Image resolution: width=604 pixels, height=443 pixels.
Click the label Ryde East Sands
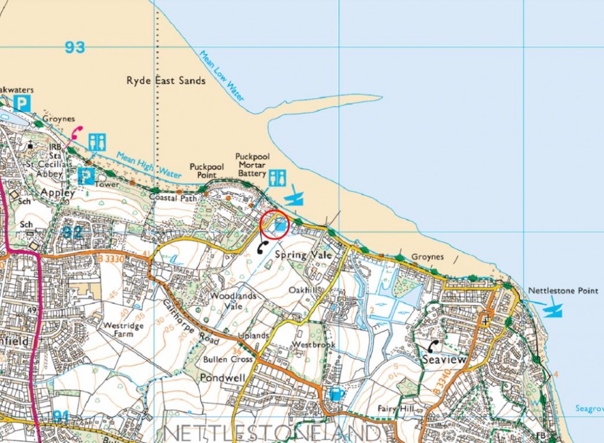coord(166,80)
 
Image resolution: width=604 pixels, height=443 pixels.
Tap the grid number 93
coord(75,47)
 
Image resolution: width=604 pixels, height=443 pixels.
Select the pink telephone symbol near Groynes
coord(75,133)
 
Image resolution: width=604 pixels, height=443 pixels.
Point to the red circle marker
coord(274,225)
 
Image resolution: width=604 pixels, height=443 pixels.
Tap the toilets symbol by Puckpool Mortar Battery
coord(277,178)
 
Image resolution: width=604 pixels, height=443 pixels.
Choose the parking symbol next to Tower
coord(86,176)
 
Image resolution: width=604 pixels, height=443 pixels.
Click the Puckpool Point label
coord(206,171)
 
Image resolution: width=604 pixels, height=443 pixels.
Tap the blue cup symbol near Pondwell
coord(335,393)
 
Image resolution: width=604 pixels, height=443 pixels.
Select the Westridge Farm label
coord(124,329)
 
